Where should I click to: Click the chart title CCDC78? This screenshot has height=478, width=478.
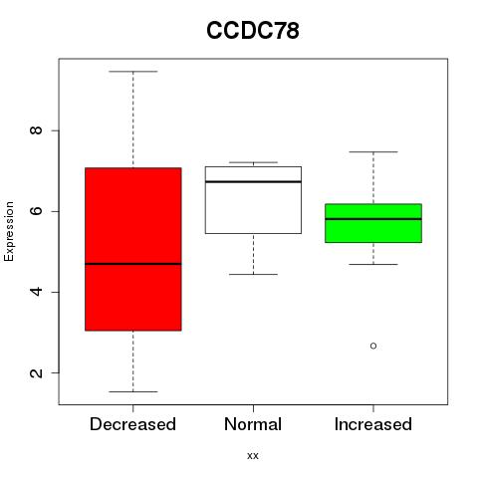[x=253, y=30]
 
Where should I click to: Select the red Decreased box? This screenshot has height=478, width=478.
[x=133, y=249]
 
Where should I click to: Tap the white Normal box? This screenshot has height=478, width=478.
[x=253, y=200]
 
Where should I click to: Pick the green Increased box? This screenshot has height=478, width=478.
[x=373, y=223]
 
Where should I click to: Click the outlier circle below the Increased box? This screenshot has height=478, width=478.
[x=373, y=346]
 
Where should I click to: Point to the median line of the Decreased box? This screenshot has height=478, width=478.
[x=133, y=264]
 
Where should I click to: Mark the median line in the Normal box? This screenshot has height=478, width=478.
[x=253, y=181]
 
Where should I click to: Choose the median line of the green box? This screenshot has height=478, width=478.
[x=373, y=219]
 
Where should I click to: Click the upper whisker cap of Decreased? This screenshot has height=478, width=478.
[x=133, y=72]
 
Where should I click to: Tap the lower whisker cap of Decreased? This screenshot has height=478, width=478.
[x=133, y=391]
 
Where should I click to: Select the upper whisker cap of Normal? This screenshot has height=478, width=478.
[x=253, y=162]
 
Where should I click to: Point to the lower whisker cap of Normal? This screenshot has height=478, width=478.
[x=253, y=275]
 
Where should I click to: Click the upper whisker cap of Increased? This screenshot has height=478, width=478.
[x=373, y=151]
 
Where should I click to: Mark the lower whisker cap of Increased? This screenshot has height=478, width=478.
[x=373, y=264]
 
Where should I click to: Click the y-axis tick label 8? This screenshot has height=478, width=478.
[x=36, y=130]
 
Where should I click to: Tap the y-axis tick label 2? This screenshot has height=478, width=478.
[x=36, y=372]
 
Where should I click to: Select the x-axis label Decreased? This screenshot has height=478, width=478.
[x=132, y=424]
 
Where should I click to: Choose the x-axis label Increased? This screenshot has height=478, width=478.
[x=373, y=424]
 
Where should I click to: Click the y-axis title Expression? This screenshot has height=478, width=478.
[x=9, y=231]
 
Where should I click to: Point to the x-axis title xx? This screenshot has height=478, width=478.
[x=253, y=456]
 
